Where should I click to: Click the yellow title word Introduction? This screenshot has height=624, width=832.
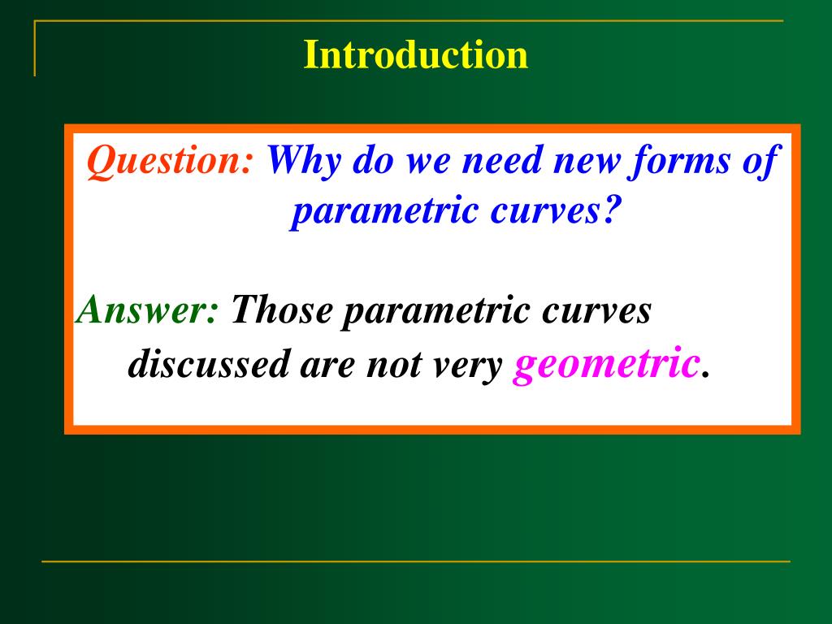click(x=415, y=54)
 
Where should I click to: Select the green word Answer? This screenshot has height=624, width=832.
click(x=146, y=310)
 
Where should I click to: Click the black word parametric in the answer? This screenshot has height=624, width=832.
click(x=435, y=311)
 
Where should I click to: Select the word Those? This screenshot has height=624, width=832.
click(x=281, y=310)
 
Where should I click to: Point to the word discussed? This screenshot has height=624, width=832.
click(x=209, y=364)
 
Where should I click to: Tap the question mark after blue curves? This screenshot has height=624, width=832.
click(x=612, y=210)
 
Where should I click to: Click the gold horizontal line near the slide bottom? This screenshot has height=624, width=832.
click(x=416, y=561)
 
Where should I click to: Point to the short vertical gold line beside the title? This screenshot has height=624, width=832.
click(x=35, y=49)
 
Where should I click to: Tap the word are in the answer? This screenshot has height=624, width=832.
click(x=327, y=367)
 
